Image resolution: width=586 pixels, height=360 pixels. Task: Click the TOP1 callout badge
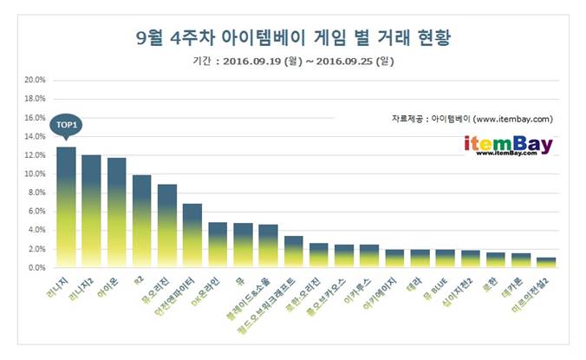pyautogui.click(x=66, y=125)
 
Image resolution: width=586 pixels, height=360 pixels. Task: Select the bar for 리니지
pyautogui.click(x=66, y=208)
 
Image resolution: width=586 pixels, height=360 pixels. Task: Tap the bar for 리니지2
pyautogui.click(x=91, y=212)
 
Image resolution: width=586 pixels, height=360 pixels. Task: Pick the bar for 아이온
pyautogui.click(x=116, y=213)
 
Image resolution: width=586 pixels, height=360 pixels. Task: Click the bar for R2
pyautogui.click(x=141, y=222)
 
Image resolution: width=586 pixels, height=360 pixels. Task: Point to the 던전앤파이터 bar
pyautogui.click(x=192, y=236)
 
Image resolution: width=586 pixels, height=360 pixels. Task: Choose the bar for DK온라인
pyautogui.click(x=218, y=245)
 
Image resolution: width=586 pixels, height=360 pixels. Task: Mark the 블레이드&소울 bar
pyautogui.click(x=268, y=246)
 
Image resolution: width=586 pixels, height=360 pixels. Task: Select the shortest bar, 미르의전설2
pyautogui.click(x=546, y=263)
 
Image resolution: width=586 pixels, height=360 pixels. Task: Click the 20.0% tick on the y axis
pyautogui.click(x=35, y=80)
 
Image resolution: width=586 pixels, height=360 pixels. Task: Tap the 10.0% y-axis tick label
pyautogui.click(x=35, y=173)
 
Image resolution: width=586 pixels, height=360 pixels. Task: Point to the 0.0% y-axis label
pyautogui.click(x=36, y=268)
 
